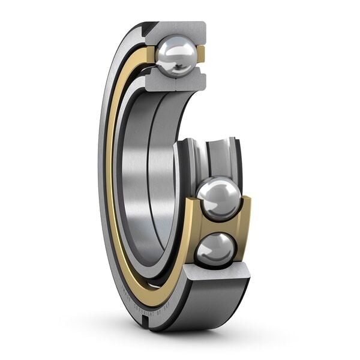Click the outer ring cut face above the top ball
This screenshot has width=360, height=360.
click(x=180, y=29)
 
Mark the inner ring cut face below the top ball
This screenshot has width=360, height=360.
click(x=177, y=82)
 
